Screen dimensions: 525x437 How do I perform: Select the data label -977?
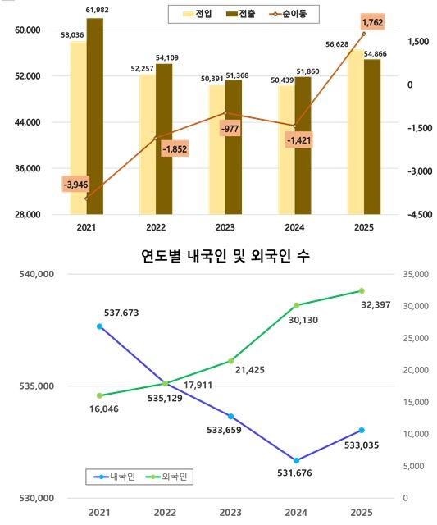coord(230,129)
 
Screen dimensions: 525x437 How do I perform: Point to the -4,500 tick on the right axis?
coord(417,215)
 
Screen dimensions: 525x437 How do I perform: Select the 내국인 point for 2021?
coord(100,326)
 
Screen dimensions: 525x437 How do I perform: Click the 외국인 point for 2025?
coord(362,290)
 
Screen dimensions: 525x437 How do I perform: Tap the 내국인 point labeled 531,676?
coord(296,460)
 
